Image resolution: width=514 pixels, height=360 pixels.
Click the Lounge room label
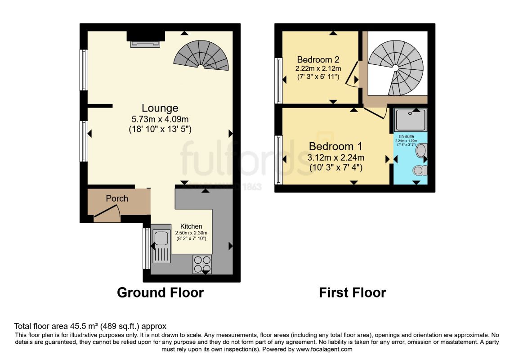160,108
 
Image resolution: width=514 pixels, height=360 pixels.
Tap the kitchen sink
161,246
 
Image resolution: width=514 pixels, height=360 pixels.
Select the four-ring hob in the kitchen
202,263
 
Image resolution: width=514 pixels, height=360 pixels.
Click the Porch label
117,198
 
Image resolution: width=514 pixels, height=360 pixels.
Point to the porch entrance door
107,213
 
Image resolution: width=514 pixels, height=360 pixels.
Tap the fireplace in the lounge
145,43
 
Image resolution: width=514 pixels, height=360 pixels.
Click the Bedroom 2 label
318,60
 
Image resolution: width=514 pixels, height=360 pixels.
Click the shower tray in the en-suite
410,119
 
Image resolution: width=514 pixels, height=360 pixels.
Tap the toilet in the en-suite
420,171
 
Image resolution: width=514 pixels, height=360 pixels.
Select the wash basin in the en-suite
421,150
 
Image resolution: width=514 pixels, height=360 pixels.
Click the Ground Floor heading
160,292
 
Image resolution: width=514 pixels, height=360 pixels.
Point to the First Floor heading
352,292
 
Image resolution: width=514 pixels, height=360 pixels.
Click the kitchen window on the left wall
146,248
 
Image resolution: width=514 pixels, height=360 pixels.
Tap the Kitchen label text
191,226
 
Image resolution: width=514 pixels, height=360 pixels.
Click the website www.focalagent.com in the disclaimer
324,349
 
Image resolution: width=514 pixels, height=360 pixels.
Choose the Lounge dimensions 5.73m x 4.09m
160,120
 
